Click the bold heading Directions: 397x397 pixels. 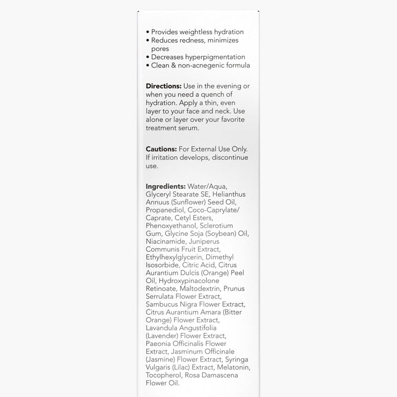[164, 86]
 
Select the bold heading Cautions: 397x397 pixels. [161, 149]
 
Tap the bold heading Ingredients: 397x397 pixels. [166, 186]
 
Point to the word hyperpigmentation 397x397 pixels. [214, 57]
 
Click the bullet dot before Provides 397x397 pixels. [148, 32]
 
